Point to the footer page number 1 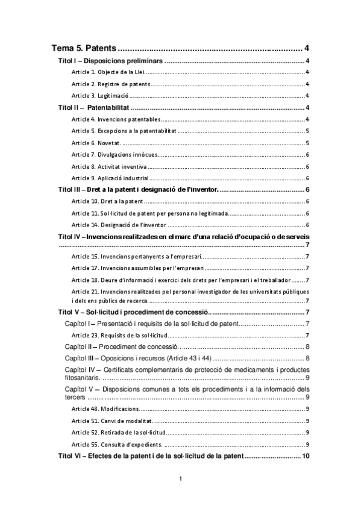coord(180,478)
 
